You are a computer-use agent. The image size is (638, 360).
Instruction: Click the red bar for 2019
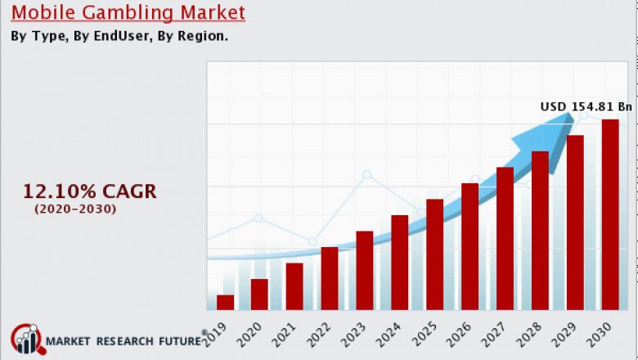pos(225,302)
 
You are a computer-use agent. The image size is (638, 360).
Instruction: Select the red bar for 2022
pos(330,278)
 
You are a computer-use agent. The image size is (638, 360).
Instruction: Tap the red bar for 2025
pos(434,254)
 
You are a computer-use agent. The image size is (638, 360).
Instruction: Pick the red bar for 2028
pos(540,230)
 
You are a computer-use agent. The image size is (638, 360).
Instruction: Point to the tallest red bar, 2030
pos(610,214)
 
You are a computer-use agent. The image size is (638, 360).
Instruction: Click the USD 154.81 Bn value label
pos(586,106)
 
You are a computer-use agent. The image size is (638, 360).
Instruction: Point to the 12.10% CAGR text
pos(89,192)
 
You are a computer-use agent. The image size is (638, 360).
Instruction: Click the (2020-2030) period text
pos(75,209)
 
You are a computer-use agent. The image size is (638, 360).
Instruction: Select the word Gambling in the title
pos(133,13)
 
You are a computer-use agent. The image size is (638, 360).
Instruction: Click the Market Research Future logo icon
pos(27,340)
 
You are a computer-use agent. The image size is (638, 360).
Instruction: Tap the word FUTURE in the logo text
pos(175,341)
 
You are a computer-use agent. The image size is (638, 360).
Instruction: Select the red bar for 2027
pos(505,238)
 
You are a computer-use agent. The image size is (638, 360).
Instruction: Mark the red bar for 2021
pos(294,286)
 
